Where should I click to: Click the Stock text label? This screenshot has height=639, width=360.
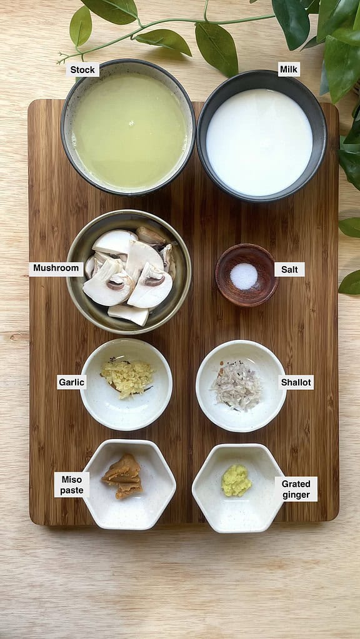coord(82,69)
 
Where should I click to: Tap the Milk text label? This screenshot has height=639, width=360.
coord(288,69)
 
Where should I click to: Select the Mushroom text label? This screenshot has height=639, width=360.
coord(56,269)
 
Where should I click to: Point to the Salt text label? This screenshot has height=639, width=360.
coord(289,269)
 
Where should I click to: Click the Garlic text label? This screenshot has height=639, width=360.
coord(71,382)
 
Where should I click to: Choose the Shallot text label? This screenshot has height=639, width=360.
coord(296,382)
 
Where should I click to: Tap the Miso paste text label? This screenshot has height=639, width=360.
coord(71,485)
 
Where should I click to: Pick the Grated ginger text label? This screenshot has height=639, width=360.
coord(296,489)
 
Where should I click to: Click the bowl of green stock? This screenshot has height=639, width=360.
coord(129,131)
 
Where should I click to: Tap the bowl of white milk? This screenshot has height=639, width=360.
coord(259,142)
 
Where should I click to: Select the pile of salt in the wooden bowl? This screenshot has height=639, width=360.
coord(244,276)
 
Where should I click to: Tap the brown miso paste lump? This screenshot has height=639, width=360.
coord(123,476)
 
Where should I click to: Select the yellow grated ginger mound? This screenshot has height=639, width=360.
coord(236,481)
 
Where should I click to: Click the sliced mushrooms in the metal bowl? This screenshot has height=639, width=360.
coord(130,275)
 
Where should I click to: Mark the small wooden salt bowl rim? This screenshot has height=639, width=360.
coord(247,247)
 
